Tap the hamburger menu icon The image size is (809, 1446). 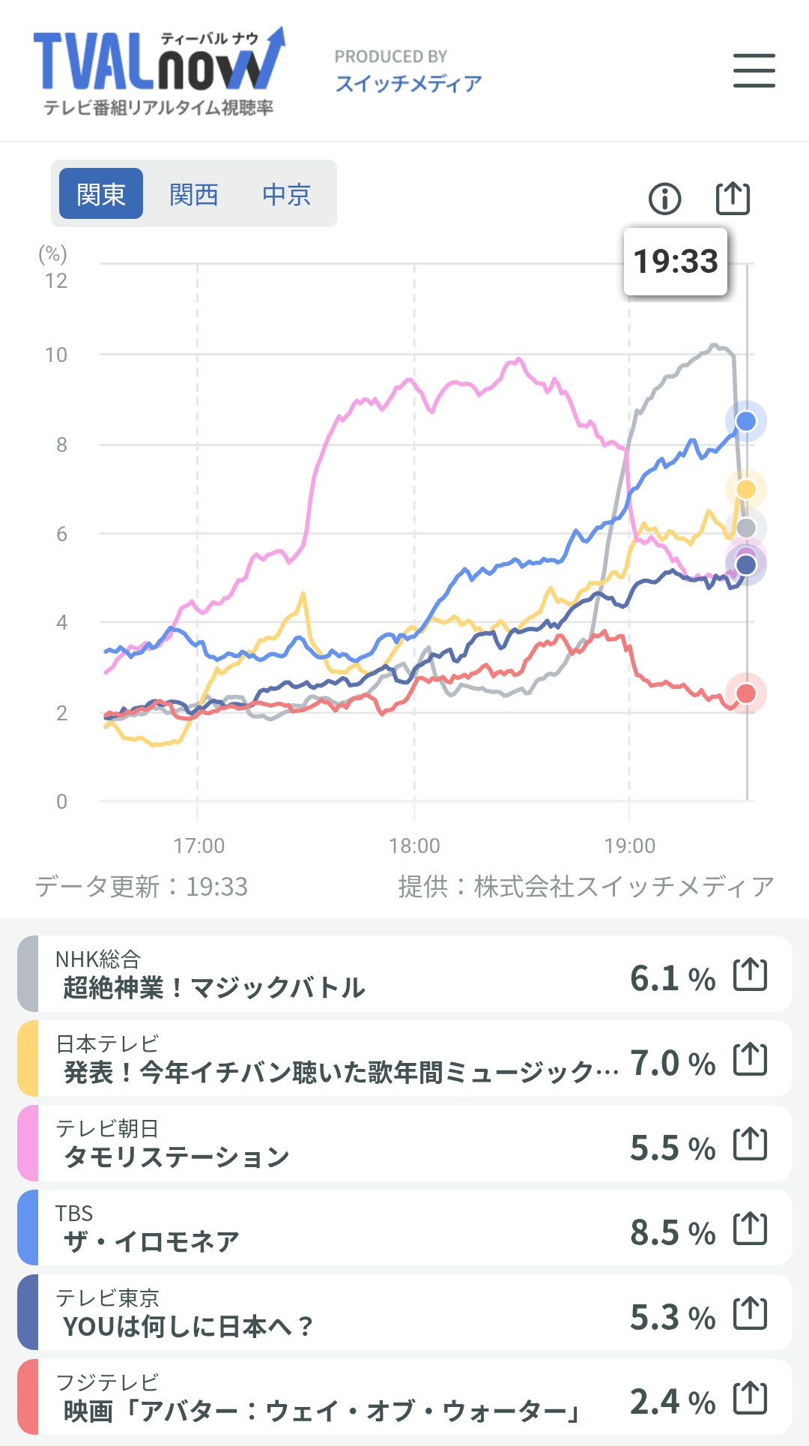click(754, 70)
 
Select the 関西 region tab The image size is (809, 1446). click(193, 194)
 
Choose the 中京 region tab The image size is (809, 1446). click(286, 194)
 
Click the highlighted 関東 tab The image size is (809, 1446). click(101, 194)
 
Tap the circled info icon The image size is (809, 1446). click(664, 199)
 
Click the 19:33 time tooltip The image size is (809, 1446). click(675, 262)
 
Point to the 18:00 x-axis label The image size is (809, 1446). click(414, 846)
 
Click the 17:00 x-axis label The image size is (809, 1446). click(199, 846)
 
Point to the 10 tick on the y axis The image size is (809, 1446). click(56, 355)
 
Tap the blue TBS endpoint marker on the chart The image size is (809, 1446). click(745, 421)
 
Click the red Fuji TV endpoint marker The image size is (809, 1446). click(745, 693)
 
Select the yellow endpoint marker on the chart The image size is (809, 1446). click(745, 489)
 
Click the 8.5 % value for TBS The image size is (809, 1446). click(672, 1232)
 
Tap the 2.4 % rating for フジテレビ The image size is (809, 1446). click(672, 1401)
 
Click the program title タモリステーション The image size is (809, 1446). click(177, 1157)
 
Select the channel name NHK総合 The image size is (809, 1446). click(98, 959)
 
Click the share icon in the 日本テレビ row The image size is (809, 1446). click(750, 1059)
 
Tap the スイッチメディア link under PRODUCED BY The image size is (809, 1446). click(408, 83)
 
